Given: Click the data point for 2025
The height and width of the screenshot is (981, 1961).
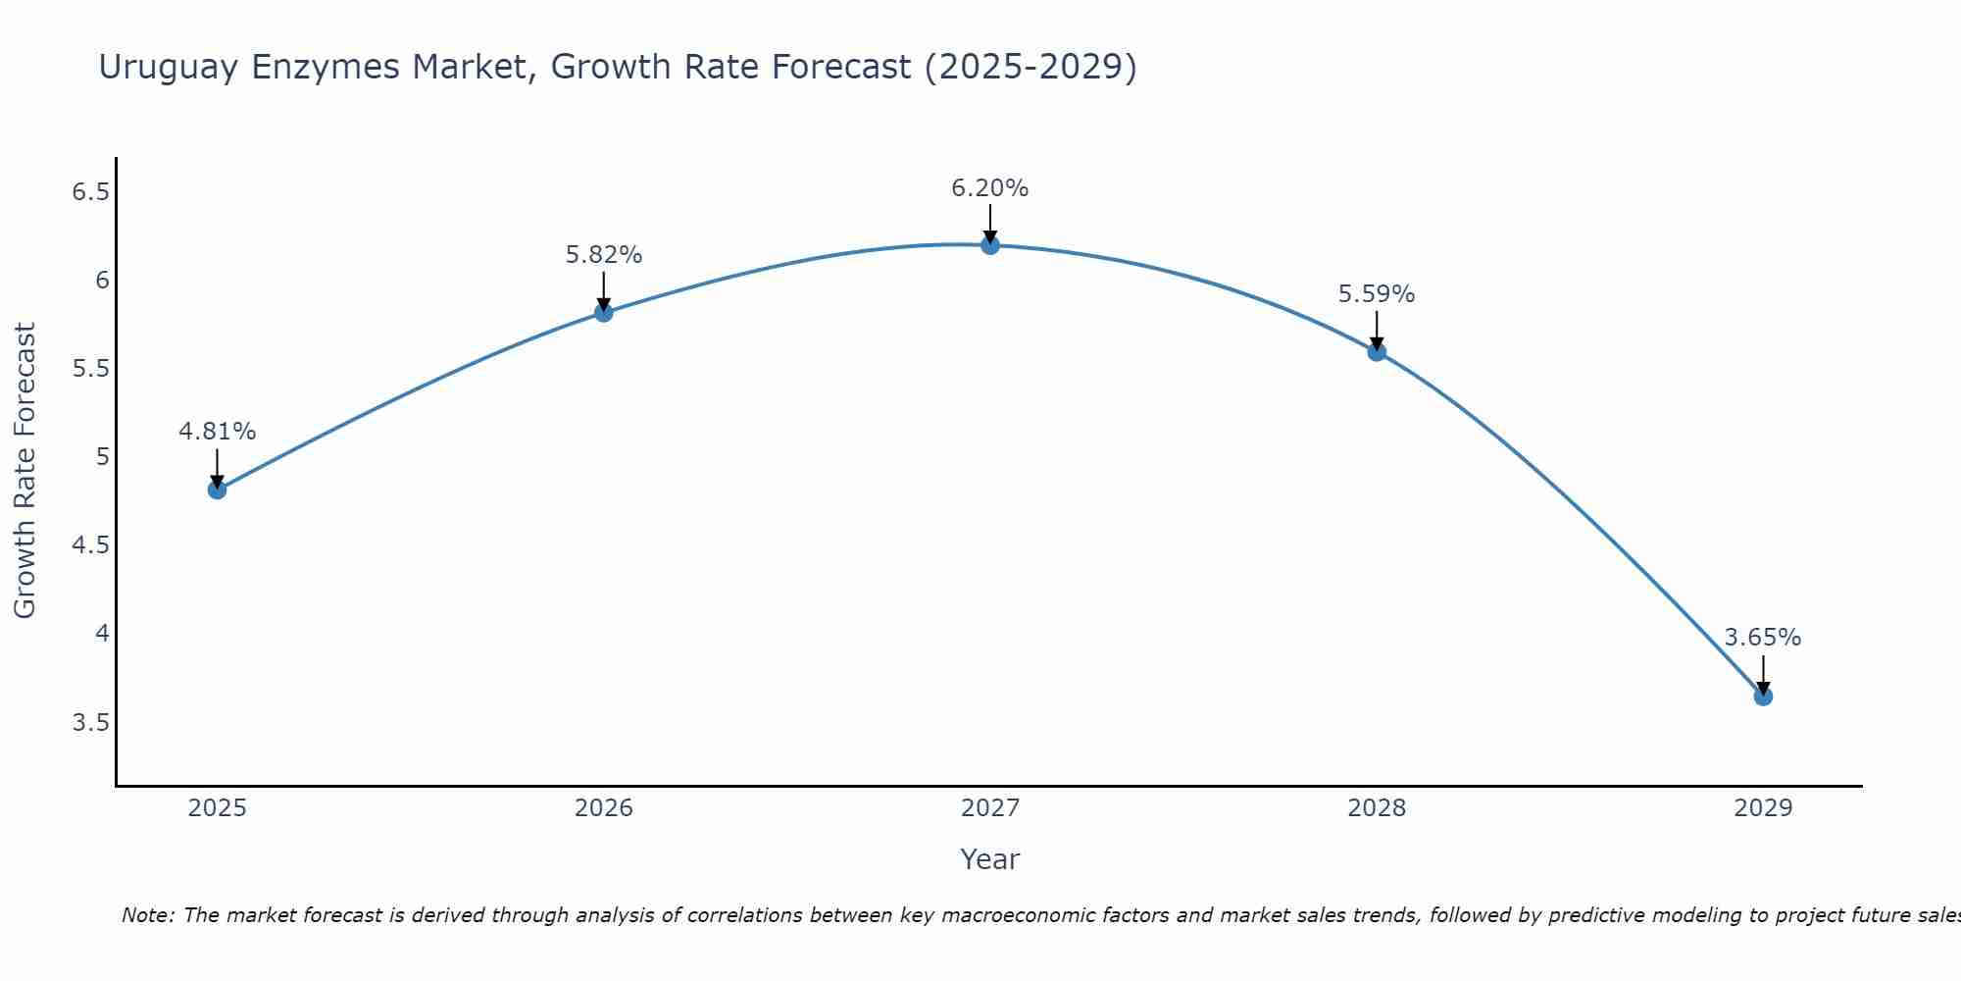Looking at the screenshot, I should coord(218,490).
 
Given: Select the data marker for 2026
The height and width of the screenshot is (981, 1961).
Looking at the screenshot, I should coord(604,312).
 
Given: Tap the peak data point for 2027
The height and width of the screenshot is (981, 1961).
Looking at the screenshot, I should coord(990,244).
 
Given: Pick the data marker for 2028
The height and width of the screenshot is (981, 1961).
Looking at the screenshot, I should coord(1377,351).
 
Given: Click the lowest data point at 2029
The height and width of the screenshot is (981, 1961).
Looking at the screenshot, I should coord(1763,697).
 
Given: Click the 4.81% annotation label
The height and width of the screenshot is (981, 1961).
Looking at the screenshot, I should coord(218,432).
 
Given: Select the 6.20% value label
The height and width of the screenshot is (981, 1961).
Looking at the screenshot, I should coord(990,188).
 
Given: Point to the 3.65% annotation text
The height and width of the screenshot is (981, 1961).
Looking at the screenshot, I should coord(1763,638).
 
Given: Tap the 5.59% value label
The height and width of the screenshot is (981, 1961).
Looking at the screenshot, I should coord(1377,294).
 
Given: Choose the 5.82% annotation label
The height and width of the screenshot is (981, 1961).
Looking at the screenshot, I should coord(604,255).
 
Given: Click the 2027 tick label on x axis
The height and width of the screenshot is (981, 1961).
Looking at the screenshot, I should coord(990,808).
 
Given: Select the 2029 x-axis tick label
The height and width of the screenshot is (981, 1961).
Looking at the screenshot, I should coord(1763,808).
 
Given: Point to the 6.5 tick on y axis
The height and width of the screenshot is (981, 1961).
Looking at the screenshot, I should coord(90,192).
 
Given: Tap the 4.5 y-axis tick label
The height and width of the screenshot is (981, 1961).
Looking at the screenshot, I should coord(90,545).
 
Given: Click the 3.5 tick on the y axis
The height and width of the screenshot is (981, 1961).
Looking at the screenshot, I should coord(90,723).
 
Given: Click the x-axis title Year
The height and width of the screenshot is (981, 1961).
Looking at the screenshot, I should coord(990,859).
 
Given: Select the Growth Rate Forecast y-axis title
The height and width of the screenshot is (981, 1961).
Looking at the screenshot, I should coord(25,471).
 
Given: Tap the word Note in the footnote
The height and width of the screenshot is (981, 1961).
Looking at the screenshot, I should coord(147,915).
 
